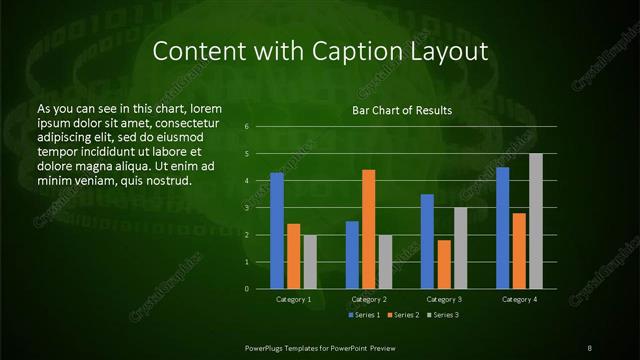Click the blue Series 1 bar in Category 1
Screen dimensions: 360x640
[277, 230]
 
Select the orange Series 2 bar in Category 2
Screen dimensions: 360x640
[368, 229]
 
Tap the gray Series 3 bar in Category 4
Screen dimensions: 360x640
[535, 221]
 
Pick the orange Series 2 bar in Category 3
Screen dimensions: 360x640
[444, 264]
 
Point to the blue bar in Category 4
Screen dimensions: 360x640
[502, 228]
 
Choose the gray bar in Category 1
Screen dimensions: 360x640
[310, 262]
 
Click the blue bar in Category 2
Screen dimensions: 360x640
[352, 255]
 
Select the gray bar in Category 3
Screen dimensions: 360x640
[460, 248]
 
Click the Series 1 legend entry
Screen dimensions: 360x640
[365, 315]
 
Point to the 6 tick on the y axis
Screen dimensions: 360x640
[247, 127]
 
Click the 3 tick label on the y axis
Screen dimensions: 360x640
[247, 208]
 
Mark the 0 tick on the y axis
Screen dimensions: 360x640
[247, 289]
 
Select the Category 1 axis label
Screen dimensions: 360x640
[293, 299]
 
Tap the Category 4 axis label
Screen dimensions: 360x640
[519, 299]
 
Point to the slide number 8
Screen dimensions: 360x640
[590, 347]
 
